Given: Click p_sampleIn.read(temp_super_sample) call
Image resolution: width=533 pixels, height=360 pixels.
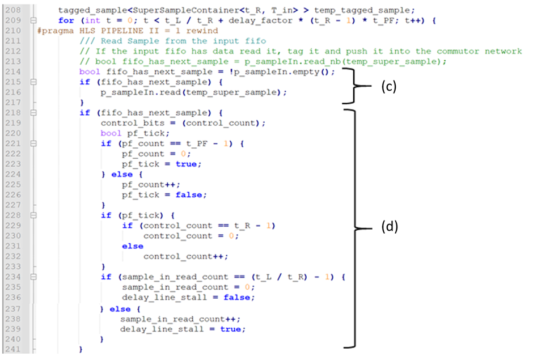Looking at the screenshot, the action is [x=194, y=92].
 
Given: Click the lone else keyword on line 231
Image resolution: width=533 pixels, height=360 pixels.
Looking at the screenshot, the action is [x=133, y=246].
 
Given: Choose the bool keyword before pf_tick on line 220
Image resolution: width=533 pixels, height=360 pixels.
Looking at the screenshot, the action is [x=111, y=133].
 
